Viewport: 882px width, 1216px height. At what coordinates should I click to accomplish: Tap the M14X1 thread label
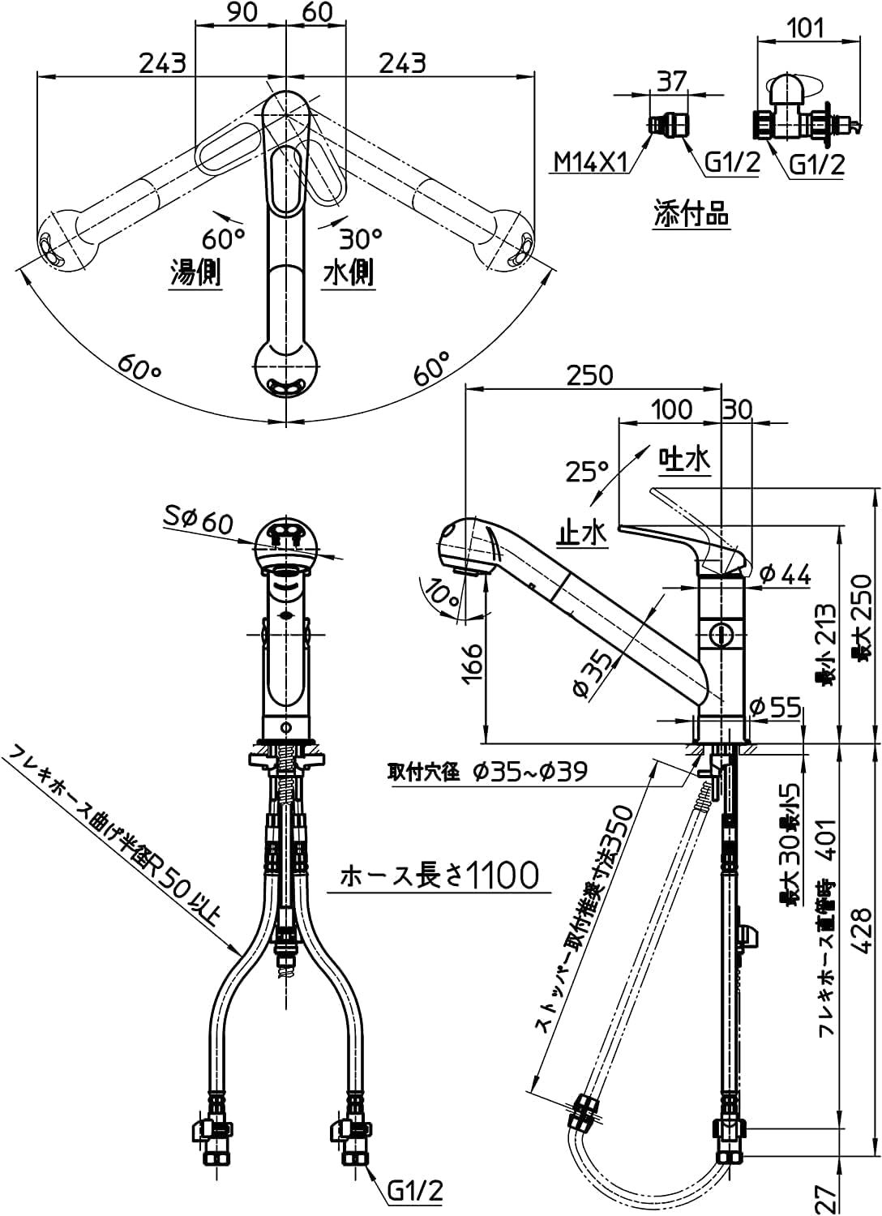(x=590, y=163)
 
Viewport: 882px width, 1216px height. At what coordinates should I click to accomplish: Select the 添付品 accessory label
(x=691, y=214)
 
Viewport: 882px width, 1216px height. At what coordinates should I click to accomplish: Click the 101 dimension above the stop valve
(x=806, y=29)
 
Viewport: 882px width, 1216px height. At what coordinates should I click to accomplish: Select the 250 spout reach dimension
(x=590, y=375)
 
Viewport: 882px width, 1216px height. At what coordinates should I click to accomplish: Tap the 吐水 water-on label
(x=684, y=460)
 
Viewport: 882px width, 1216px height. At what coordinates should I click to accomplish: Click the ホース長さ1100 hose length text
(x=439, y=875)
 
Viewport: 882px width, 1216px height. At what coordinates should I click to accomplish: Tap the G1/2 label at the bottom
(x=415, y=1190)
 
